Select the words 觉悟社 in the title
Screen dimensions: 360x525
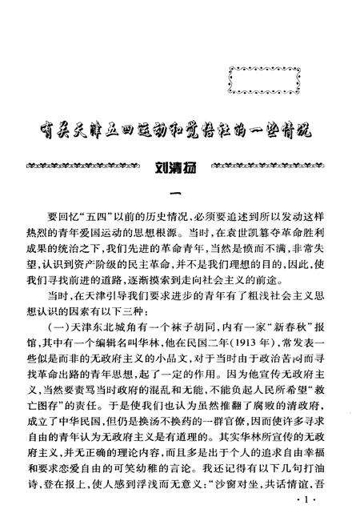[204, 130]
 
